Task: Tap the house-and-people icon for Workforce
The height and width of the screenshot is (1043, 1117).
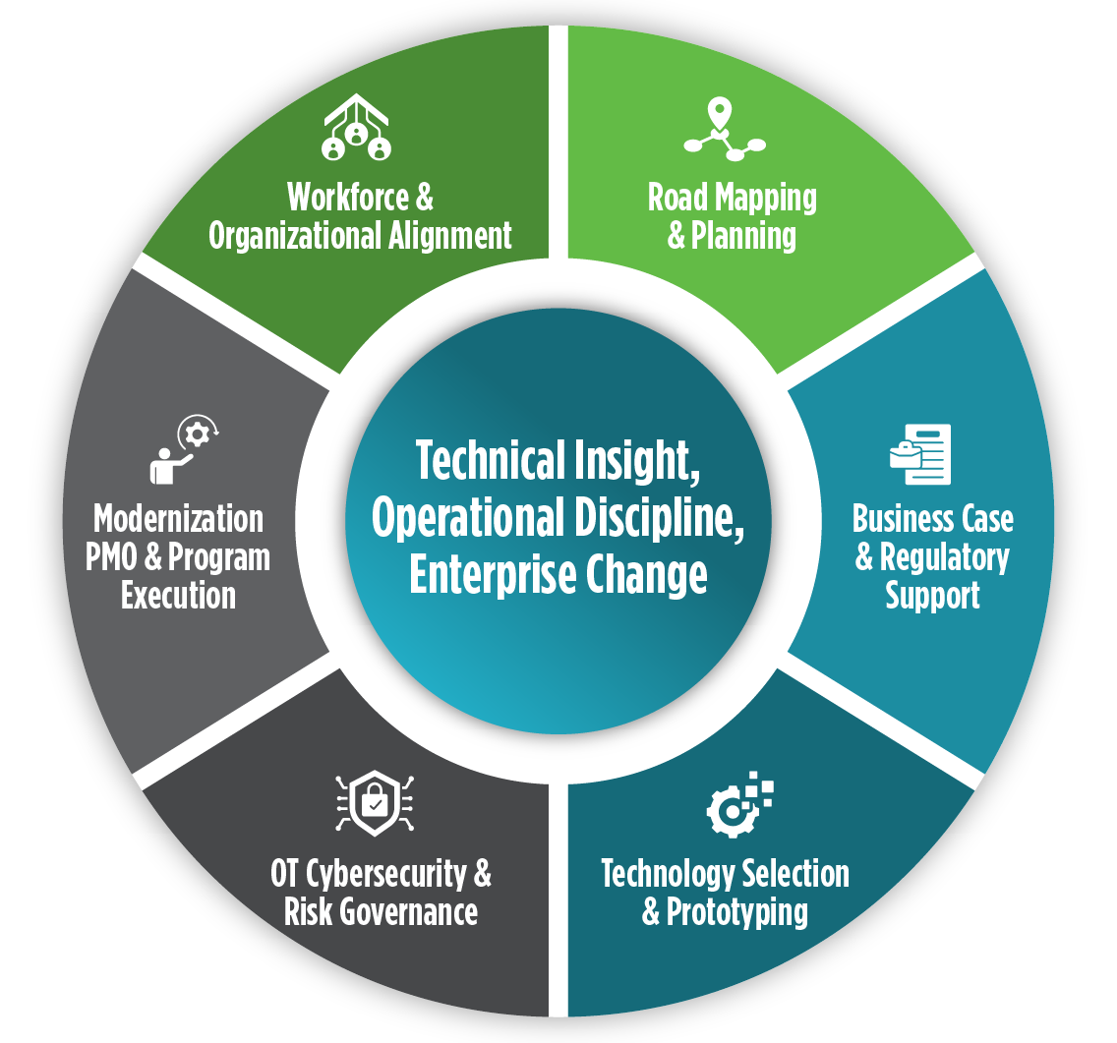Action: [x=356, y=129]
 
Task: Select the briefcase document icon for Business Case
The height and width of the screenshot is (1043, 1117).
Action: [x=921, y=453]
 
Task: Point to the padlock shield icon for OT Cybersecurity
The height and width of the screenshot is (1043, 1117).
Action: [x=374, y=804]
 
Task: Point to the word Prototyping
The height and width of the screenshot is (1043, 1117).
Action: [x=736, y=912]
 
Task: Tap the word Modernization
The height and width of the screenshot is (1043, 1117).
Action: [x=178, y=518]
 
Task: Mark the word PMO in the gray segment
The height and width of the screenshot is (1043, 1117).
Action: [x=118, y=557]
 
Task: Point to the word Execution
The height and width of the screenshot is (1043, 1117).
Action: [x=178, y=596]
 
